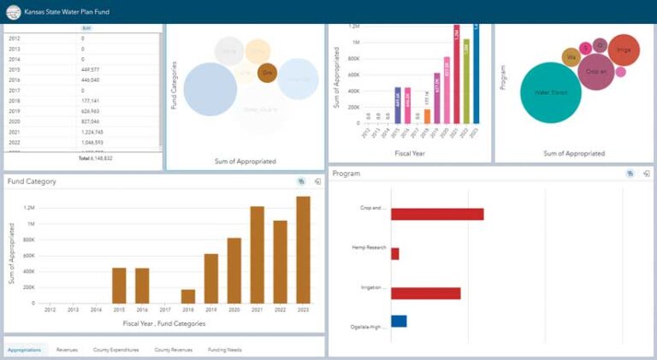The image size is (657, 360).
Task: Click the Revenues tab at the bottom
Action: [66, 350]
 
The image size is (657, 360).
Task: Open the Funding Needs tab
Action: [224, 350]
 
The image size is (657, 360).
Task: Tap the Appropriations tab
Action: [24, 350]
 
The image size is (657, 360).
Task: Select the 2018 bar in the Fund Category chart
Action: [187, 296]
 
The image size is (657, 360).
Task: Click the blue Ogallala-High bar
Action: [399, 322]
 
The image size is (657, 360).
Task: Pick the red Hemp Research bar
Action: [395, 253]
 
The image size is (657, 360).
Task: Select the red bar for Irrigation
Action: [426, 293]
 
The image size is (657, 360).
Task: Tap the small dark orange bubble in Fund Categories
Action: [267, 74]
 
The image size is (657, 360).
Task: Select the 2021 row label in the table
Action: [15, 132]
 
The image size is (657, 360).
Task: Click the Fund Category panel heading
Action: [32, 181]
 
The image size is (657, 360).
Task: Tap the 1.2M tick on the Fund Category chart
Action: [29, 208]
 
